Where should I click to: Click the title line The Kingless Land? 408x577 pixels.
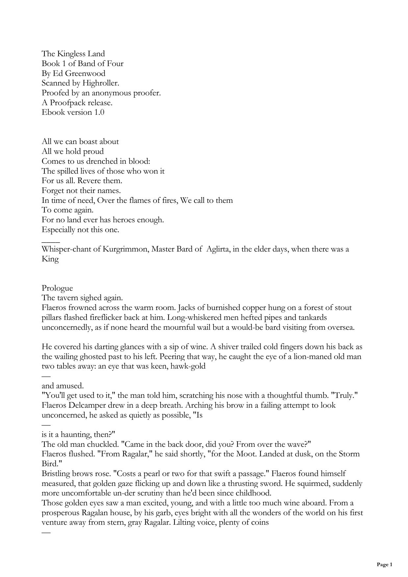point(73,54)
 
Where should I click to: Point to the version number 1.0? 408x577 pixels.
point(99,112)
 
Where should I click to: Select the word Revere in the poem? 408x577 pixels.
point(89,181)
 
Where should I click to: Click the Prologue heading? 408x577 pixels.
point(57,288)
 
